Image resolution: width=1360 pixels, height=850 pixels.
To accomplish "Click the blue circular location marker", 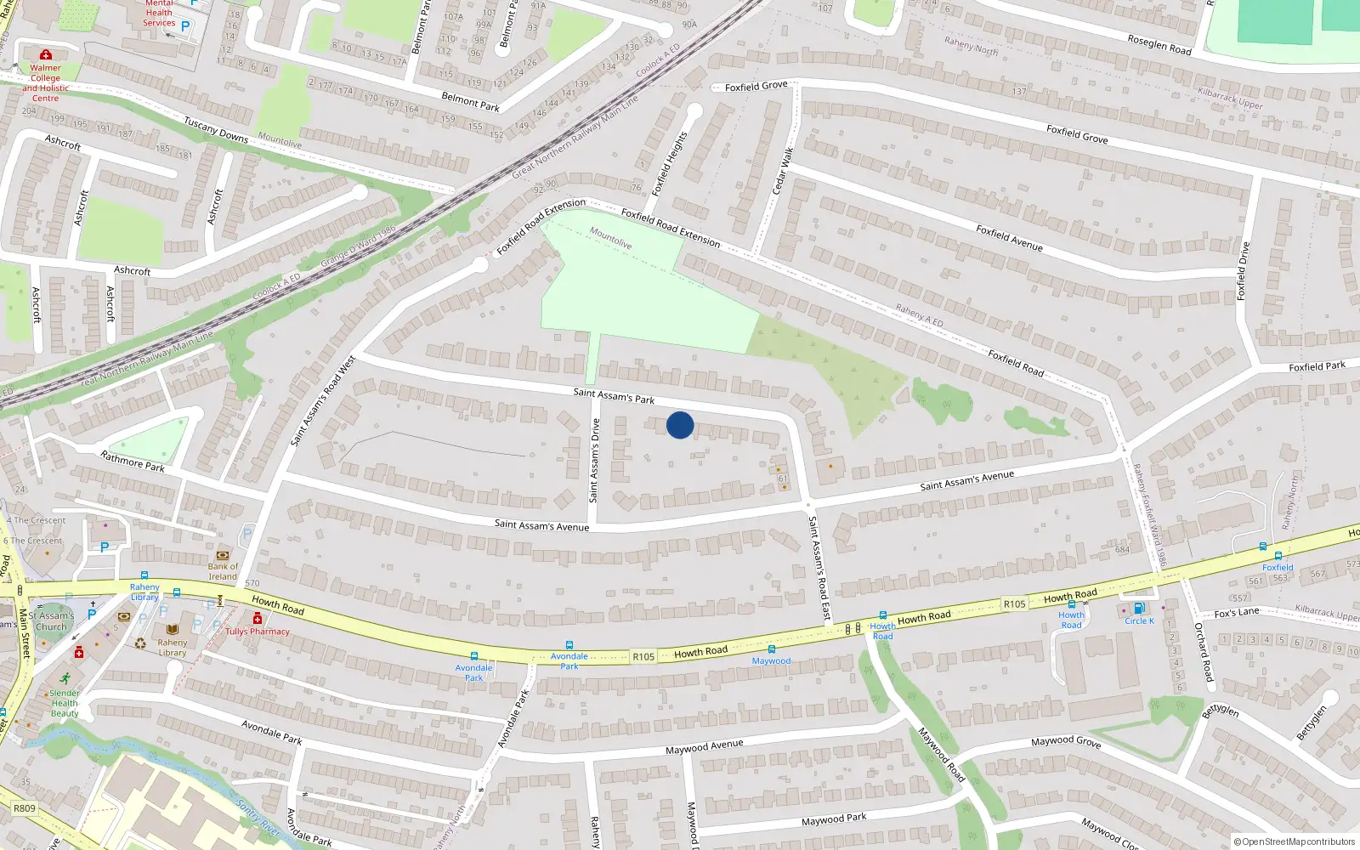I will pos(680,425).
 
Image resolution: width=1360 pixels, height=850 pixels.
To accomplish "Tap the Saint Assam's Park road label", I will pos(614,395).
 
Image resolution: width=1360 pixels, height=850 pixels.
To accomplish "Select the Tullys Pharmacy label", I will pos(258,632).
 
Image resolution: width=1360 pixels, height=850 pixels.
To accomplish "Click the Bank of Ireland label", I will pos(223,571).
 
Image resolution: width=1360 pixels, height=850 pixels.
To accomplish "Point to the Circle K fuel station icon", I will pos(1139,609).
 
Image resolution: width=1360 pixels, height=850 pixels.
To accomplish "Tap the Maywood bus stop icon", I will pos(772,649).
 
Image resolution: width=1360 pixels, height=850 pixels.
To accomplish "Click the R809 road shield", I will pos(25,807).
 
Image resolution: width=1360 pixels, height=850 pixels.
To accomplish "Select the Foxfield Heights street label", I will pos(669,164).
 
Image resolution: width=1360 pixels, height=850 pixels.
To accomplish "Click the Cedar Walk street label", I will pos(783,170).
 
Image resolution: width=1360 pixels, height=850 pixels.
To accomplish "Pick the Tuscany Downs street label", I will pos(216,130).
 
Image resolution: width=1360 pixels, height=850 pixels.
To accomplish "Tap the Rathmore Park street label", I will pos(133,462).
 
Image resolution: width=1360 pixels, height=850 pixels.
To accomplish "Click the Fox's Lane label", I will pos(1237,612).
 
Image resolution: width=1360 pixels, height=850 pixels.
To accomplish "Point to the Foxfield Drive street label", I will pos(1243,271).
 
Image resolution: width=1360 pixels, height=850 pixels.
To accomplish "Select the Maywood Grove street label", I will pos(1066,741).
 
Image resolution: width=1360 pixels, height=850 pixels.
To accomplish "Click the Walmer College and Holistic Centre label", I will pos(46,82).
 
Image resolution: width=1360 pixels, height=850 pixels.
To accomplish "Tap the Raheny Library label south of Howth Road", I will pos(172,648).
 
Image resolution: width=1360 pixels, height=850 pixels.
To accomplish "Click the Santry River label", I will pos(258,817).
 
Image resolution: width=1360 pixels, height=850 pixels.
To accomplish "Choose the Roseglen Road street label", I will pos(1159,44).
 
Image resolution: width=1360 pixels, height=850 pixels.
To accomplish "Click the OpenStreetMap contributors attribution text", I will pos(1295,842).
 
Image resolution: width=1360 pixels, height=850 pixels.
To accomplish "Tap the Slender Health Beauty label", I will pos(65,703).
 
